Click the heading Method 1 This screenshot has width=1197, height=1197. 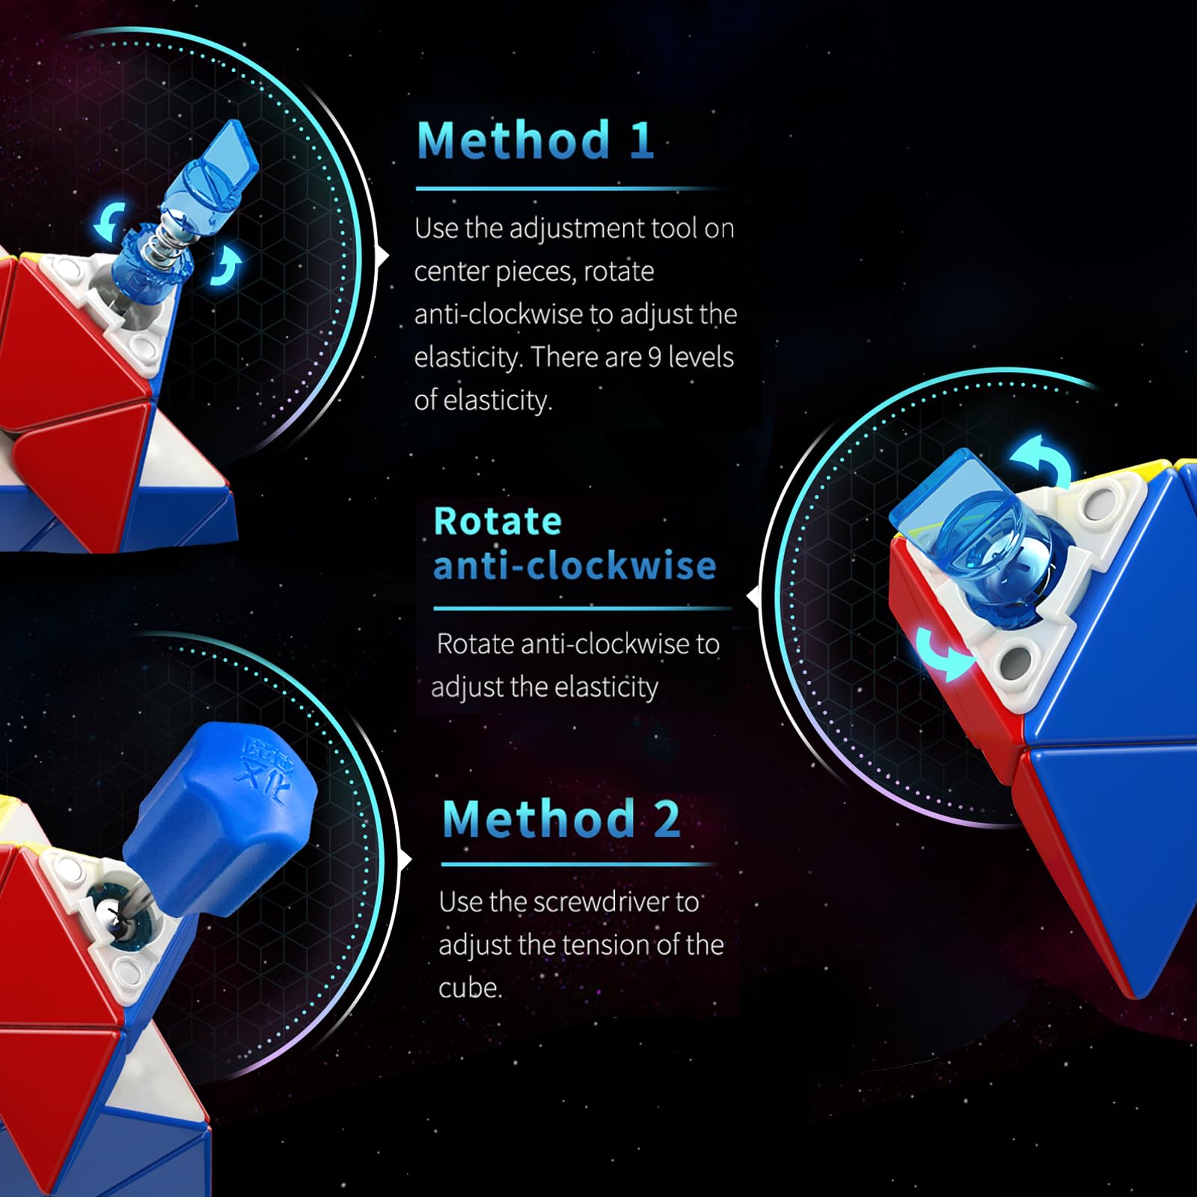536,141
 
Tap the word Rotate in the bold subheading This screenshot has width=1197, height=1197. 498,521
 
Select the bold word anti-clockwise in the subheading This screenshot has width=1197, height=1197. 575,566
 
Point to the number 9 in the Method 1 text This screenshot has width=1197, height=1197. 654,358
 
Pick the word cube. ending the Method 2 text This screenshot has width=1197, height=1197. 471,988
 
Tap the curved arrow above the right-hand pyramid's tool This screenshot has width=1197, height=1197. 1042,456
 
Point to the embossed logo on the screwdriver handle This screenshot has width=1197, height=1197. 260,771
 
